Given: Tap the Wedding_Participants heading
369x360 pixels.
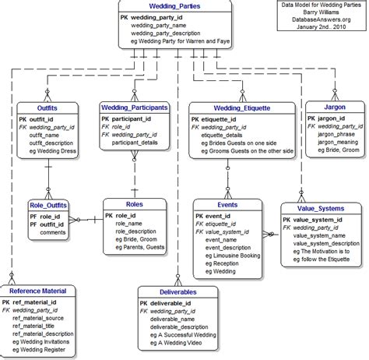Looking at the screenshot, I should click(135, 107).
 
